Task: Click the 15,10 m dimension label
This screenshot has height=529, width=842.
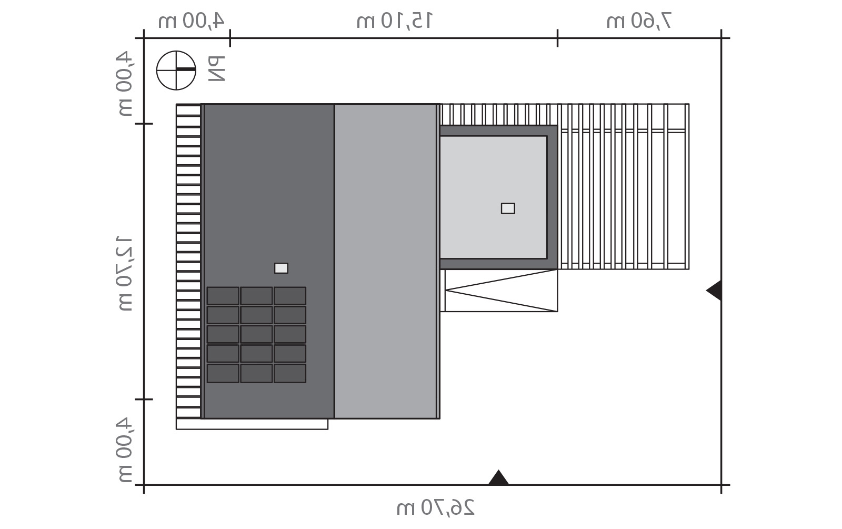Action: [394, 21]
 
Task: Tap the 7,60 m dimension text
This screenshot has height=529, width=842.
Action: [639, 21]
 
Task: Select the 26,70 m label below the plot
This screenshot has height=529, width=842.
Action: [435, 507]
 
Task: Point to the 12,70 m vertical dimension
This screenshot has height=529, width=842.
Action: [124, 273]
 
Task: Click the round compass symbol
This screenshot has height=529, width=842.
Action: [176, 71]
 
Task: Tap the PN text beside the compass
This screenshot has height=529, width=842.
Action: [216, 69]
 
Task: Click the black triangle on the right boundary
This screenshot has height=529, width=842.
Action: [714, 290]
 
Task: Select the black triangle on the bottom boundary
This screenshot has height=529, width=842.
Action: [498, 477]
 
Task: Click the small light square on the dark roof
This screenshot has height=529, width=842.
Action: [281, 268]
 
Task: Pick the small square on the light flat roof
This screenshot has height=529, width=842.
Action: [508, 208]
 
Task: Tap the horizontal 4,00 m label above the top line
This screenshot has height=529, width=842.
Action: [191, 21]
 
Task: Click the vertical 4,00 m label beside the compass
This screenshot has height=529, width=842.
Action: [124, 84]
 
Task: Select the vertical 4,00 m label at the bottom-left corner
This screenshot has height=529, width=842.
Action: [124, 450]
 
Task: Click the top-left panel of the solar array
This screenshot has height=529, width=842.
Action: [223, 296]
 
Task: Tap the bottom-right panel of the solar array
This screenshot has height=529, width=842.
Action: [290, 373]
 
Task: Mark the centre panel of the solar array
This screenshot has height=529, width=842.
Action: [256, 334]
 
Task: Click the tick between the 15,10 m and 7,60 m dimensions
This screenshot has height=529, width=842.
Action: [557, 38]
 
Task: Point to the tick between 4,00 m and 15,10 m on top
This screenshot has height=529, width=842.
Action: [230, 38]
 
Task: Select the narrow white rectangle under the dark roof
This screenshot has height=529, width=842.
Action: [252, 424]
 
